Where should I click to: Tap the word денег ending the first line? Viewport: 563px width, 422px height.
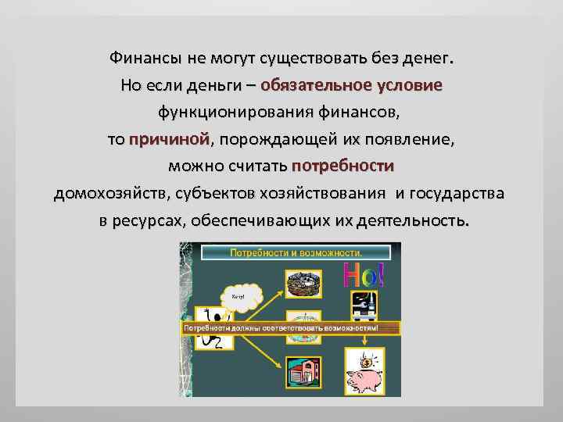coord(429,59)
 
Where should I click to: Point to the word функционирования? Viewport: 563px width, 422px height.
coord(236,113)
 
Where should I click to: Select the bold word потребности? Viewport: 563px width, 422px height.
coord(342,166)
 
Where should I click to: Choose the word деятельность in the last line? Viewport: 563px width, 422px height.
coord(413,220)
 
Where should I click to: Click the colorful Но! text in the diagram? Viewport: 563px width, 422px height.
coord(364,274)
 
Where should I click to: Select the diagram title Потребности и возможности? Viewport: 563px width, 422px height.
coord(295,253)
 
